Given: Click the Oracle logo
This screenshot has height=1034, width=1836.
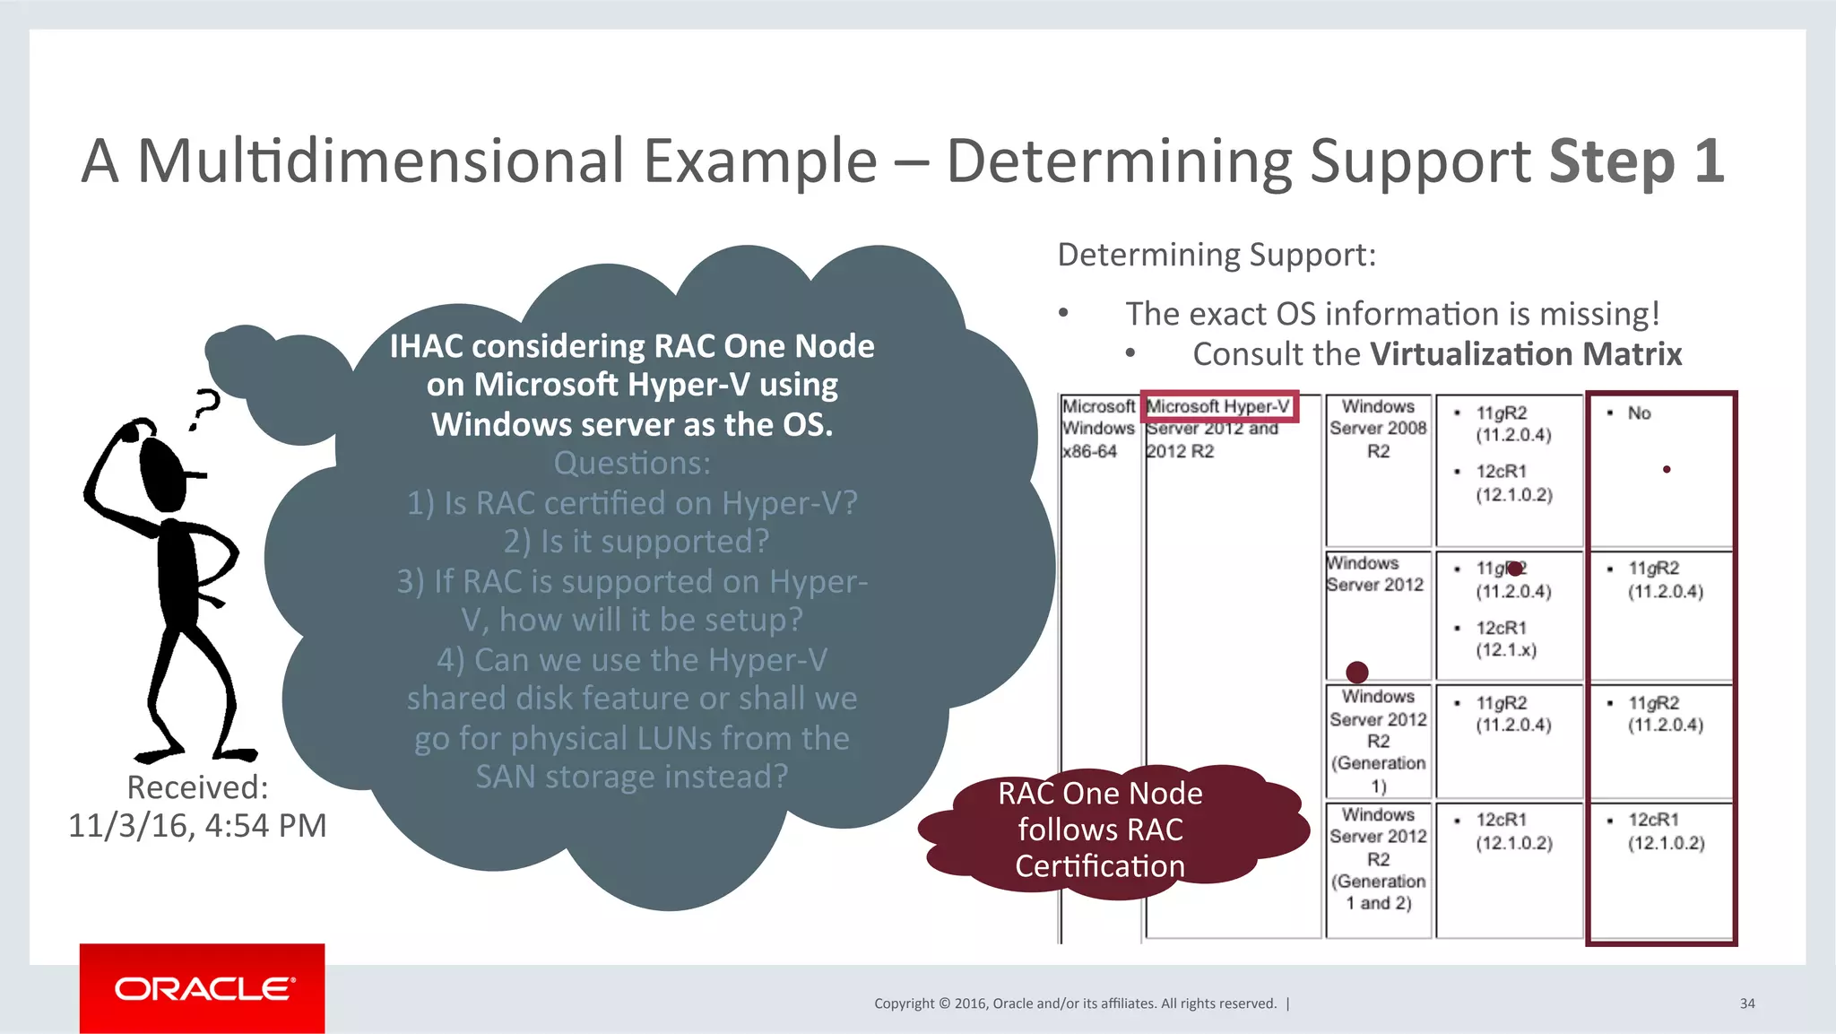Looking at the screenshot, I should click(203, 988).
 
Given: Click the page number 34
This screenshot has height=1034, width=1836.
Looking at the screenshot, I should click(1747, 1004).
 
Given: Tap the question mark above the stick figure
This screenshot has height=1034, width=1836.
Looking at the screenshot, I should click(205, 408).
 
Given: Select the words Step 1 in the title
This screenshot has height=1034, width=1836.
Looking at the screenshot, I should click(1635, 161).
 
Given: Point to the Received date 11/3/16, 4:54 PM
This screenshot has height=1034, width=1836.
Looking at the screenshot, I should click(197, 825).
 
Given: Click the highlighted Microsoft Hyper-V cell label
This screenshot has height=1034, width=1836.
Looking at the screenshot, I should click(1218, 406).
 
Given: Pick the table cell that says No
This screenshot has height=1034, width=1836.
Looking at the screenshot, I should click(1639, 413).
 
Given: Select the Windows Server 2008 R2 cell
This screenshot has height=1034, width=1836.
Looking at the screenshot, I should click(1378, 429).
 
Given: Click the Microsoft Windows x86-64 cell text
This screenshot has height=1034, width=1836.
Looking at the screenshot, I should click(1097, 429).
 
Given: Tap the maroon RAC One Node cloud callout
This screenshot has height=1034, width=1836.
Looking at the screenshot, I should click(1100, 830).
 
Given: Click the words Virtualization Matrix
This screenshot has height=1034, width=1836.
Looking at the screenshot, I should click(1526, 354).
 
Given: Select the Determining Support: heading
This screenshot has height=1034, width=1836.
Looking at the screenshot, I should click(1216, 255).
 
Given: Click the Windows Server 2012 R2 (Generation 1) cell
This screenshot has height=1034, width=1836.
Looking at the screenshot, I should click(1378, 741).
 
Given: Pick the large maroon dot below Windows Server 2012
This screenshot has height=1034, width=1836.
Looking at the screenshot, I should click(1357, 672).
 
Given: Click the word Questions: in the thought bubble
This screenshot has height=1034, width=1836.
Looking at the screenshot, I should click(631, 464).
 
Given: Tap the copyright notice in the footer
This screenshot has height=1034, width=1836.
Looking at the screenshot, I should click(1075, 1004).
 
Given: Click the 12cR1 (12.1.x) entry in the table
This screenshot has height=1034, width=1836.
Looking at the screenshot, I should click(1506, 639).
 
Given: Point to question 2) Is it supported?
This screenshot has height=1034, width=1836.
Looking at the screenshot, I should click(636, 542).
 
